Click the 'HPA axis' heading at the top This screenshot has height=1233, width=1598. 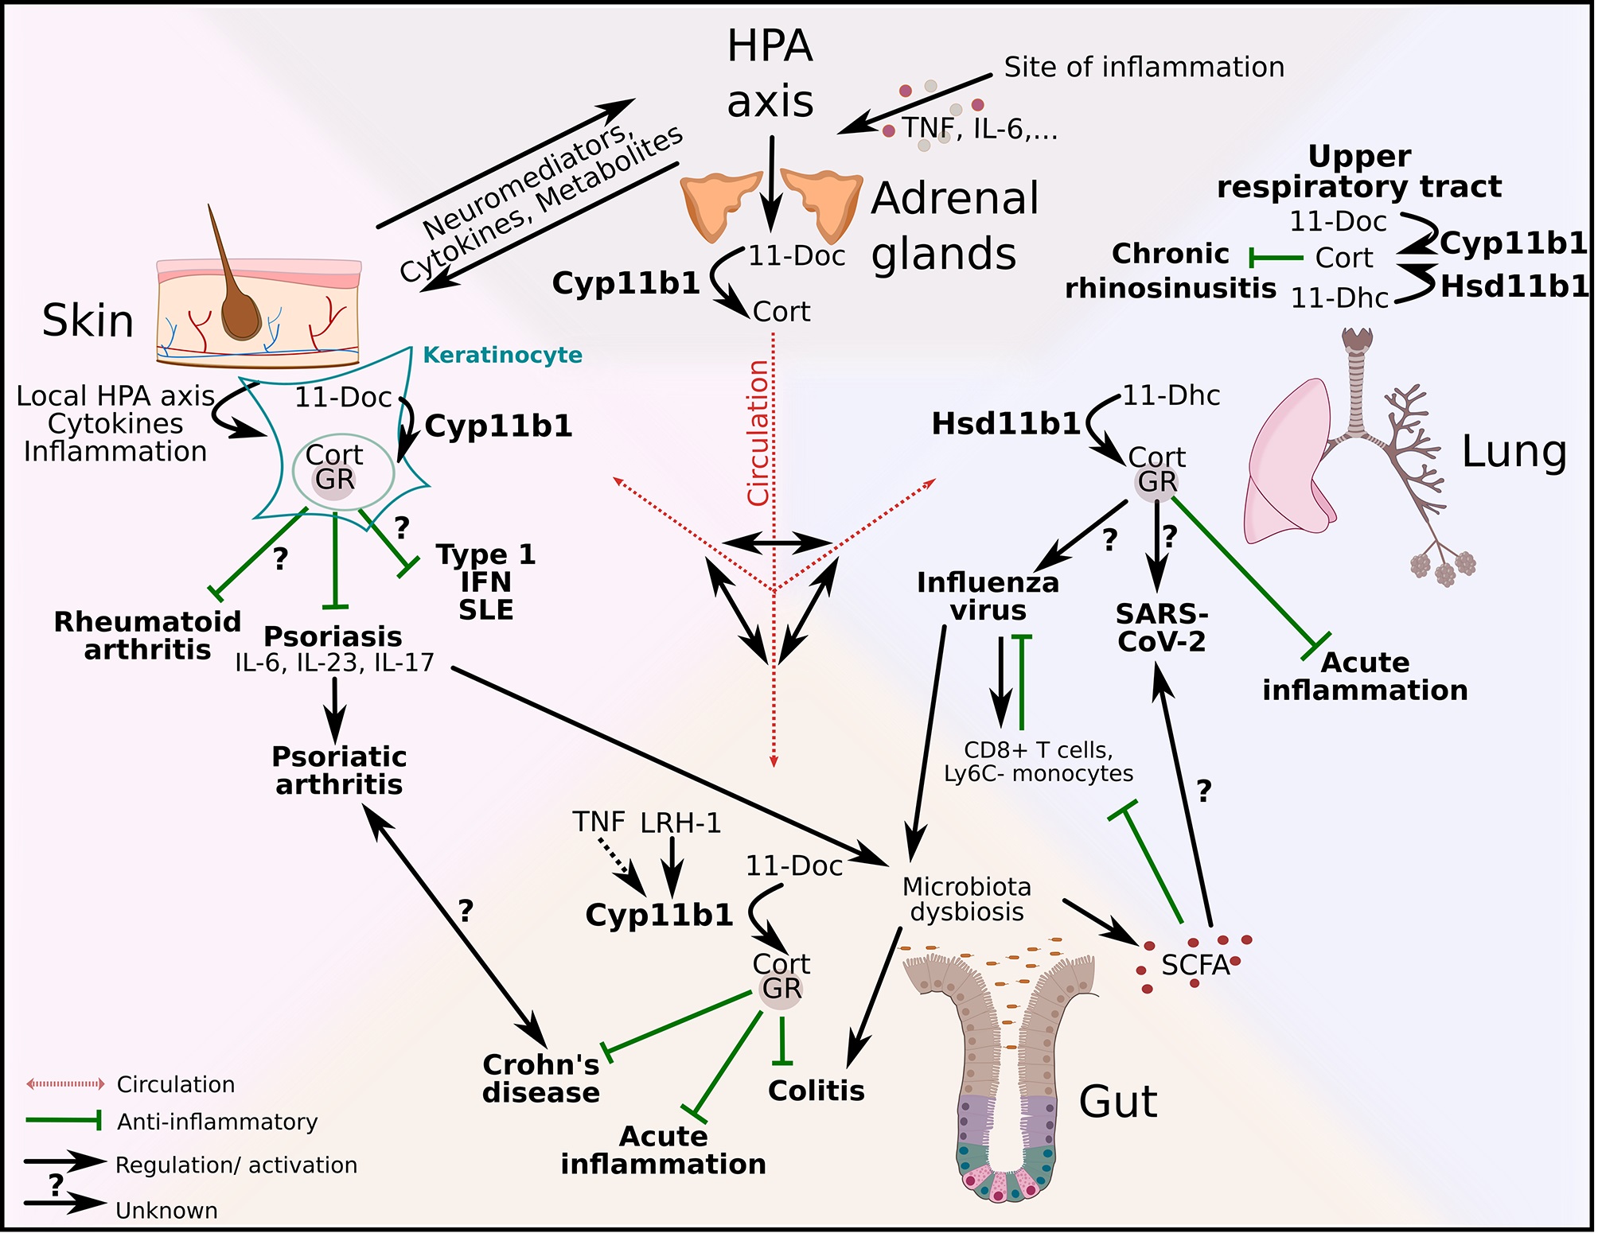coord(770,73)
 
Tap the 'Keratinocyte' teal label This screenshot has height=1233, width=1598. coord(502,355)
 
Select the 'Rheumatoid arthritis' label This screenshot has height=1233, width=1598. coord(147,636)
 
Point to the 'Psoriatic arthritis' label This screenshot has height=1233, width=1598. coord(339,770)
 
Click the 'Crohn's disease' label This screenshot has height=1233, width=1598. coord(541,1079)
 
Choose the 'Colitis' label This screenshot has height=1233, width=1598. coord(816,1091)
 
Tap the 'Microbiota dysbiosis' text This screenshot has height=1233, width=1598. coord(967,899)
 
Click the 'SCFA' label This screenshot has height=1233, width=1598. coord(1195,965)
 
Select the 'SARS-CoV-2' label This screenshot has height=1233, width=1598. coord(1162,628)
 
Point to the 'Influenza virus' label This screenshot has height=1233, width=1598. coord(988,597)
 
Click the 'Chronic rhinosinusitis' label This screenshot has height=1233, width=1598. coord(1171,271)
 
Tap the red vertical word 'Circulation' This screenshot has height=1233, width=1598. coord(758,433)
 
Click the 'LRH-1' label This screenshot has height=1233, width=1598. coord(680,823)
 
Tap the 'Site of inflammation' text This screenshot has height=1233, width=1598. coord(1144,68)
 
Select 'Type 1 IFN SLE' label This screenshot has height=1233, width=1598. coord(485,582)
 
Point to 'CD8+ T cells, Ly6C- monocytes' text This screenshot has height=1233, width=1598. coord(1039,762)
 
